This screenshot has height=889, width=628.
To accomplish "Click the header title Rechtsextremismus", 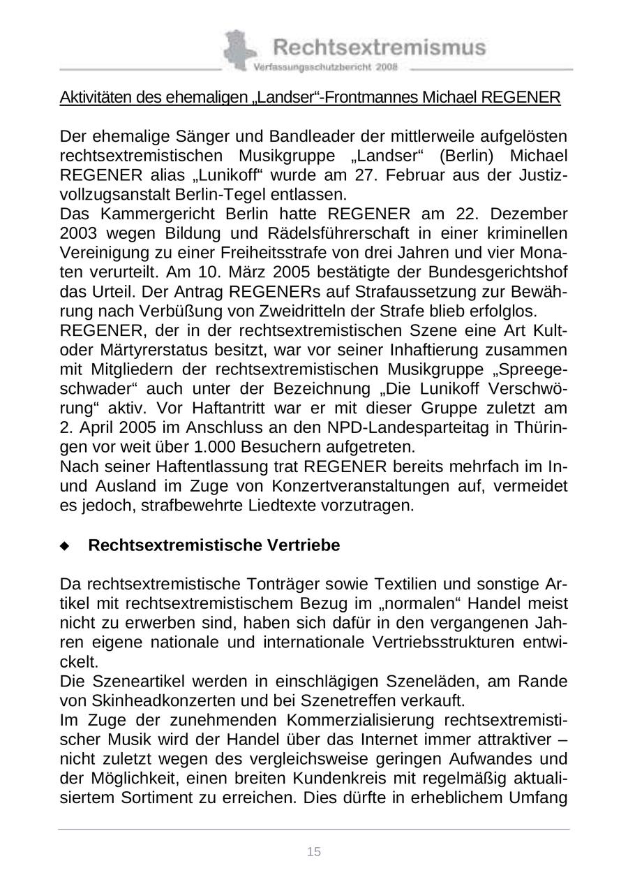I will coord(379,47).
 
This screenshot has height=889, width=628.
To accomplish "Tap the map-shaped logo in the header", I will coord(239,50).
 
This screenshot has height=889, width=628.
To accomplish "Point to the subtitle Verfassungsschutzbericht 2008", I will coord(326,67).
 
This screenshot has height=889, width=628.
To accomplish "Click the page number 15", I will coord(314,851).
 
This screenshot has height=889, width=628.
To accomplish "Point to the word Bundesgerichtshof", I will coord(500,271).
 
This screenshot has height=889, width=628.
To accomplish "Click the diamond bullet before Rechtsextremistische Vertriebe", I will coord(65,546).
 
